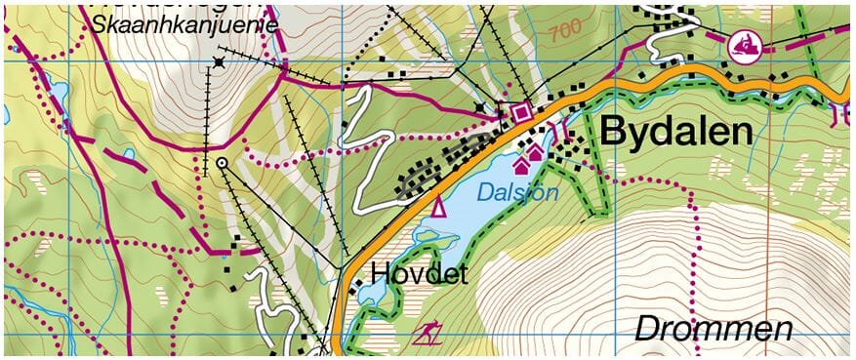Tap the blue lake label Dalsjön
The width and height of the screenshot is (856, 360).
[x=517, y=193]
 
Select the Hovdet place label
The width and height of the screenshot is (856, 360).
[x=419, y=273]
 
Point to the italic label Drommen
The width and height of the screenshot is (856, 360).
[x=713, y=329]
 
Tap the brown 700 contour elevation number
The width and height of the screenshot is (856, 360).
[x=564, y=32]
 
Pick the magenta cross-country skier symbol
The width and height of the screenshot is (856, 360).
[x=426, y=335]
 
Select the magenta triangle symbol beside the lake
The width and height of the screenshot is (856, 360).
[x=438, y=206]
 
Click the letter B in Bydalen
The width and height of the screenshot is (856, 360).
[x=614, y=132]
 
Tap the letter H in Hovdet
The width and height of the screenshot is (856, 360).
[x=380, y=273]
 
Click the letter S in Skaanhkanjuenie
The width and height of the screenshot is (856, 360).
[x=100, y=23]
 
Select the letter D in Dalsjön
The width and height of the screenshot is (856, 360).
[x=483, y=193]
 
